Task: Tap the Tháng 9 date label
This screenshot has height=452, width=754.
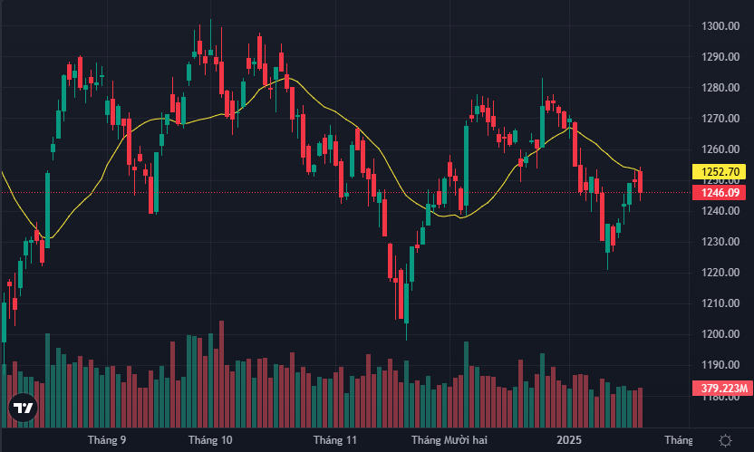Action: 107,440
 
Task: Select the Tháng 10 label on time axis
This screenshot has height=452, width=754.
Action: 210,440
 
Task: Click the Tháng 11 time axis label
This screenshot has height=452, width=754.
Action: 334,440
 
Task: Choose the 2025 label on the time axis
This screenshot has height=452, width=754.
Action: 569,440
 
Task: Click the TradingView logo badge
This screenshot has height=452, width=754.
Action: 24,409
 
